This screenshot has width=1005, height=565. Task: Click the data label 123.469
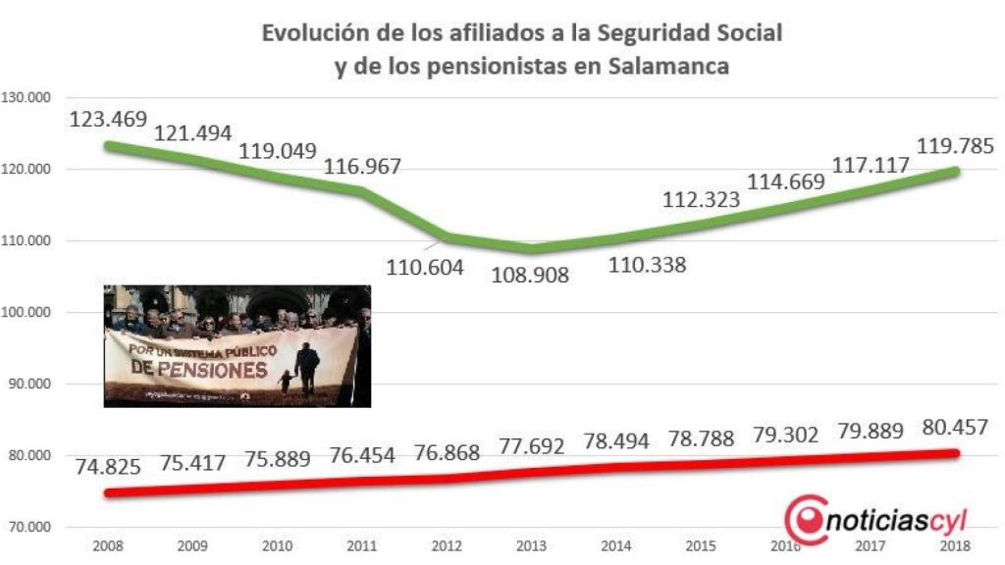coord(108,120)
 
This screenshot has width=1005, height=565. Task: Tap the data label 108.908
coord(530,272)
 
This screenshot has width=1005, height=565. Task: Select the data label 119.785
coord(955,147)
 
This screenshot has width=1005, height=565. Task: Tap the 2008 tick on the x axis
coord(107,545)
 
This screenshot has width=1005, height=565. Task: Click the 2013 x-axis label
coord(532,545)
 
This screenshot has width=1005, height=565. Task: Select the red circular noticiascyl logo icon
coord(806,520)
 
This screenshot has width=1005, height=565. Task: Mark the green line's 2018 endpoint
coord(956,171)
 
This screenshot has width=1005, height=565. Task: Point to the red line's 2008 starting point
coord(108,492)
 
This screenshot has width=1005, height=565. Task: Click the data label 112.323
coord(704,199)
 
